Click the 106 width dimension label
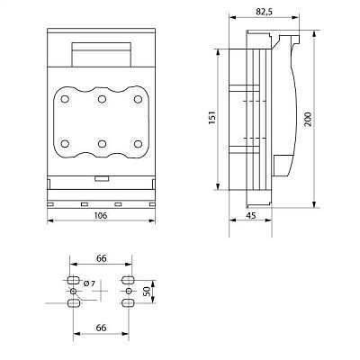(101, 215)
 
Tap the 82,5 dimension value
(264, 12)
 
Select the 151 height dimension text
(212, 118)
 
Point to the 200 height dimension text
(308, 119)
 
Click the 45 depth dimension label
(251, 215)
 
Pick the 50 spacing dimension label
(147, 292)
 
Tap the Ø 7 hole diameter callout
(89, 283)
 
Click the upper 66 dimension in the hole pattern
(102, 258)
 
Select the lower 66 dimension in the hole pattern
(102, 328)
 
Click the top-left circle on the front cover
(65, 99)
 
